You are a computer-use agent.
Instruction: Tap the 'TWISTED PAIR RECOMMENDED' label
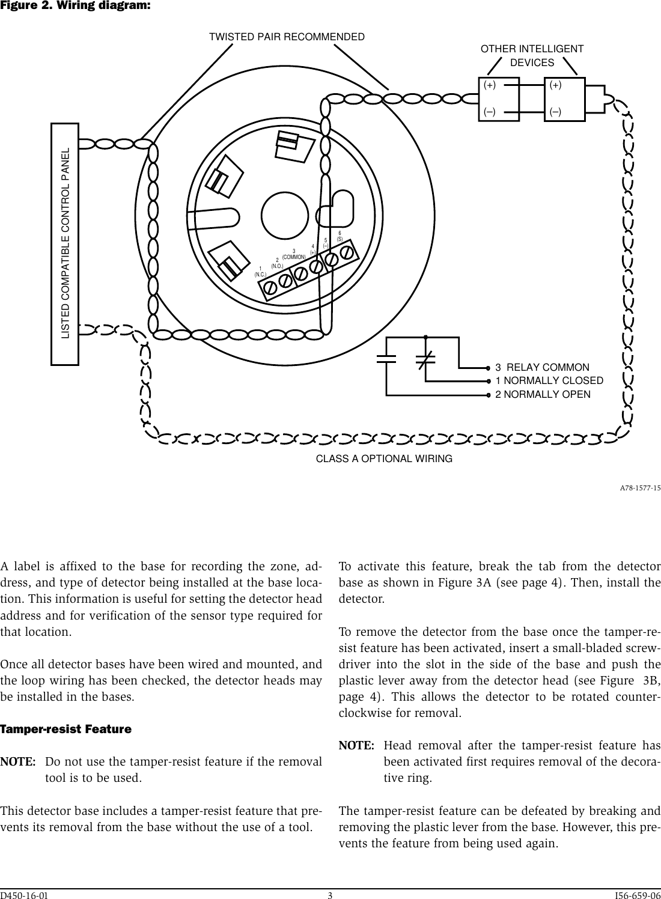286,37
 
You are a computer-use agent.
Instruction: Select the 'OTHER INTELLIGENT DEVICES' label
532,56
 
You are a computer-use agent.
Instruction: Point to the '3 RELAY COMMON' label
542,367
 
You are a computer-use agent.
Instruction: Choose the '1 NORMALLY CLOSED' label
549,380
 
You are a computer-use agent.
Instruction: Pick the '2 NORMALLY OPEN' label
543,394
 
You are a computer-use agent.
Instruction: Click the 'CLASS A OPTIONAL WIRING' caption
384,459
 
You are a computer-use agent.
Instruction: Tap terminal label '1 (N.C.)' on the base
260,272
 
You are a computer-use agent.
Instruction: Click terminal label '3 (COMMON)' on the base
294,254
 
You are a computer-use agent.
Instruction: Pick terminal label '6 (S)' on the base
340,236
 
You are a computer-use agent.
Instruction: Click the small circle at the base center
283,211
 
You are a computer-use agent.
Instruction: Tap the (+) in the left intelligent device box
490,85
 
